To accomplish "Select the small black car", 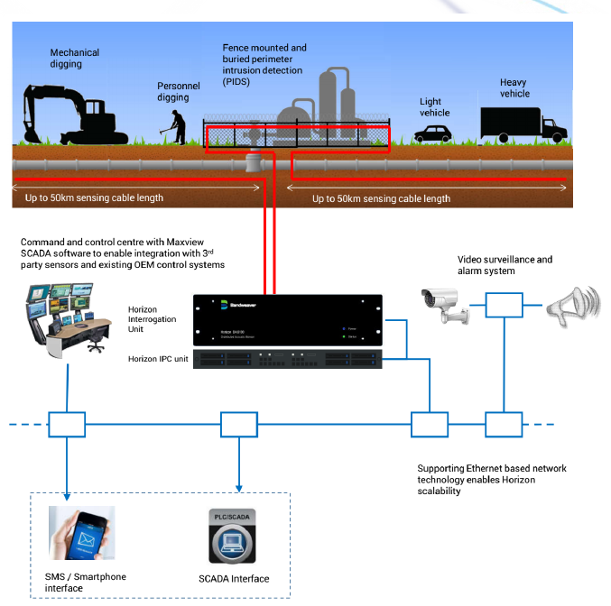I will coord(433,133).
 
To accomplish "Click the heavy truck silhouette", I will coord(523,124).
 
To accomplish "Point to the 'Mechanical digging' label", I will coord(74,59).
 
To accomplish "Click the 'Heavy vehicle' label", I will coord(514,87).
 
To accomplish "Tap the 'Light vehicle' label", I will coord(430,107).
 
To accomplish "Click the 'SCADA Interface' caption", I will coord(233,578).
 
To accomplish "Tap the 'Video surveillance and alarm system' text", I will coord(505,265).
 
